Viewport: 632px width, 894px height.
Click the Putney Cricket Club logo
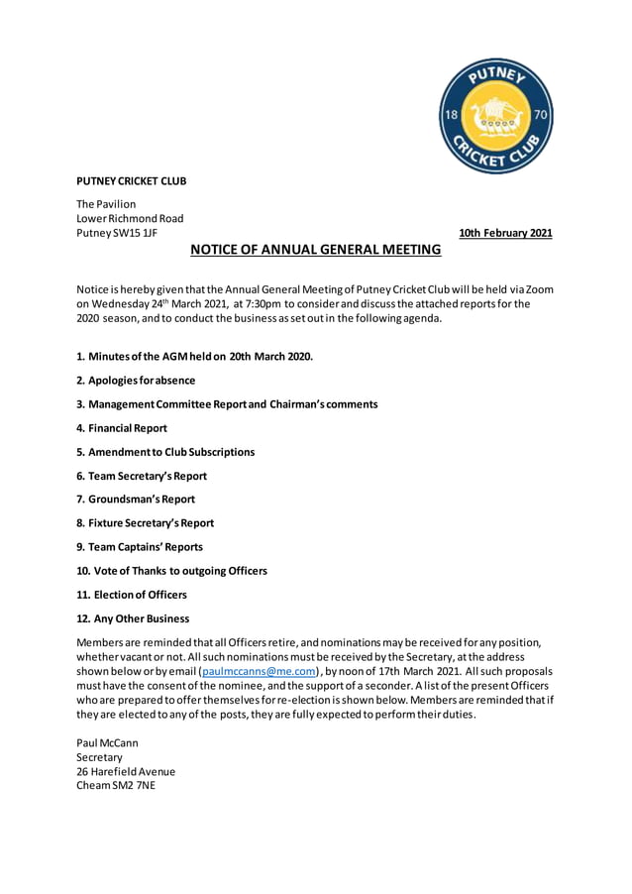[x=496, y=116]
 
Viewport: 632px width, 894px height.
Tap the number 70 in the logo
[x=541, y=116]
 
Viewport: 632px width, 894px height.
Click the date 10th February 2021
[x=505, y=234]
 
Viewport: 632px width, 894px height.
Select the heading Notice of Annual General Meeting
[x=315, y=250]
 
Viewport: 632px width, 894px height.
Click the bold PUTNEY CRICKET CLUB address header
[x=132, y=181]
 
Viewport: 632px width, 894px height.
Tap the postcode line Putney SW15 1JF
[x=117, y=233]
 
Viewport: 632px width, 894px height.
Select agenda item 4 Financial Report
[x=122, y=428]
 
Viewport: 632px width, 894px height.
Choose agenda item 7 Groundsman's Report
[x=136, y=500]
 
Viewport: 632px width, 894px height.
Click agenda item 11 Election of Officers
[x=132, y=595]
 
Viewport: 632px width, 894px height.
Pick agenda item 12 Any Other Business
[x=133, y=618]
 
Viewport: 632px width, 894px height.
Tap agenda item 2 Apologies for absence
[x=136, y=381]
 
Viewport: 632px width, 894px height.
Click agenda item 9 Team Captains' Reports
[x=140, y=547]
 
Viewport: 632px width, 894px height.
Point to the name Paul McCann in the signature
[x=107, y=742]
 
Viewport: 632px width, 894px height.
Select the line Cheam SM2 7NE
[x=116, y=785]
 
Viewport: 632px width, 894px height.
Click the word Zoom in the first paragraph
[x=539, y=289]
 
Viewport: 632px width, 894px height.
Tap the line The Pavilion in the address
[x=107, y=204]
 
